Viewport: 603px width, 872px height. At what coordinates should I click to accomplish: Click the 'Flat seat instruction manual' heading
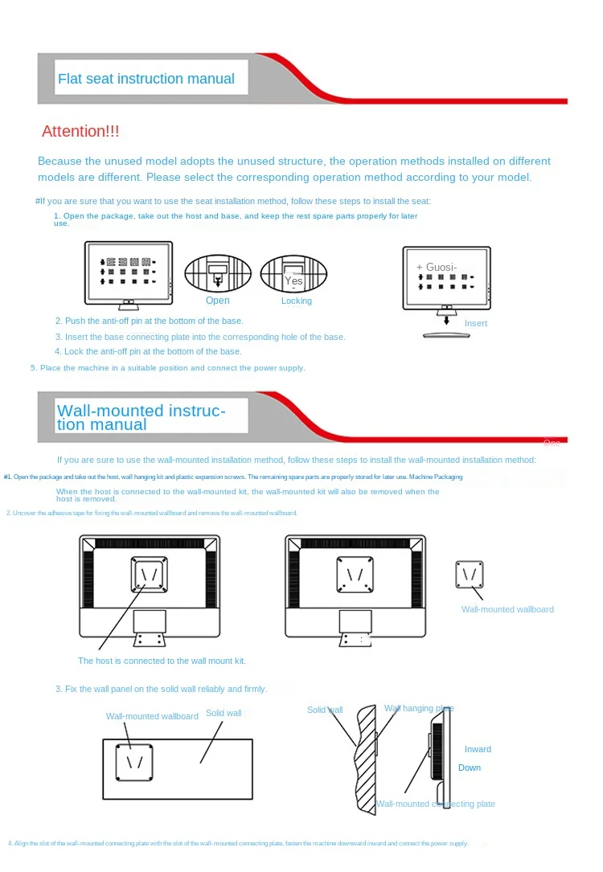pyautogui.click(x=146, y=79)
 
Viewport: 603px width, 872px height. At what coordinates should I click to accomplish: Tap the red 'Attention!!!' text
pyautogui.click(x=80, y=131)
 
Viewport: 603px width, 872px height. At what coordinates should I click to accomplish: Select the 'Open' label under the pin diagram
pyautogui.click(x=217, y=301)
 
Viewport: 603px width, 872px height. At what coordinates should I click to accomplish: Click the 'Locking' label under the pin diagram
pyautogui.click(x=297, y=301)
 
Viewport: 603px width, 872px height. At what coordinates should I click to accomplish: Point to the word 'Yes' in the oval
pyautogui.click(x=293, y=280)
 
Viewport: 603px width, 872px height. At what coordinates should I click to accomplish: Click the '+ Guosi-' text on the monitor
pyautogui.click(x=437, y=267)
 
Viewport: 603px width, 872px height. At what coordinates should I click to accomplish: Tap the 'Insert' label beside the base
pyautogui.click(x=476, y=323)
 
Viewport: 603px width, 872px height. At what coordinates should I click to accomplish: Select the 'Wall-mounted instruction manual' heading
pyautogui.click(x=141, y=417)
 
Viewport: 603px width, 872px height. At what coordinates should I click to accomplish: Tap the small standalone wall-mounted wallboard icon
pyautogui.click(x=469, y=575)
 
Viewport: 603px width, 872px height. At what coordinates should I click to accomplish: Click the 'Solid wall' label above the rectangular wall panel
pyautogui.click(x=224, y=713)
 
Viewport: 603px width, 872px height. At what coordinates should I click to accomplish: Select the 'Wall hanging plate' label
pyautogui.click(x=419, y=708)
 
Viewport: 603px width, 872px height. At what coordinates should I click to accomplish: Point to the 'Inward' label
pyautogui.click(x=478, y=749)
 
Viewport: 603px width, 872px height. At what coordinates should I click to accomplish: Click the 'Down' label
pyautogui.click(x=470, y=768)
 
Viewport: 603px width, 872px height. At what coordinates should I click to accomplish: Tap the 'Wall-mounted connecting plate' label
pyautogui.click(x=436, y=804)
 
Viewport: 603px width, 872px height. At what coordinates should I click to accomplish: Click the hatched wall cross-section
pyautogui.click(x=366, y=759)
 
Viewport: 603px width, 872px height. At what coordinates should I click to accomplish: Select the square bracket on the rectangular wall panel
pyautogui.click(x=134, y=760)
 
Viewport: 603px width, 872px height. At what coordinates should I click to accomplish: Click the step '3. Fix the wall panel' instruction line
pyautogui.click(x=161, y=689)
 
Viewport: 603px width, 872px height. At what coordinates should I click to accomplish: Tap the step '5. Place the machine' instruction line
pyautogui.click(x=168, y=368)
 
